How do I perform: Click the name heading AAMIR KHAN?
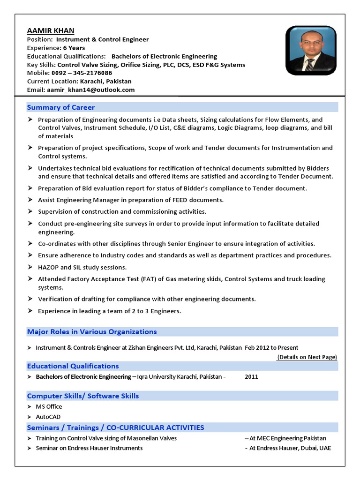[51, 30]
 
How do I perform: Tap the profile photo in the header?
[311, 51]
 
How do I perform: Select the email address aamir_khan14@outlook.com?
[90, 90]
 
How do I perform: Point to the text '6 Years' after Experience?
[74, 48]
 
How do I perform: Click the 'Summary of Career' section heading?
[61, 107]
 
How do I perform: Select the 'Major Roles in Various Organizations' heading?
[92, 331]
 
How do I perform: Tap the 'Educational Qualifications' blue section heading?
[73, 366]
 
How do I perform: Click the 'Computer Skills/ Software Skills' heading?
[83, 396]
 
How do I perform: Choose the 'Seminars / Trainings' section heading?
[116, 427]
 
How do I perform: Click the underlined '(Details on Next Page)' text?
[307, 357]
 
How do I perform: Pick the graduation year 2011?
[251, 376]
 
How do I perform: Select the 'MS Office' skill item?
[49, 406]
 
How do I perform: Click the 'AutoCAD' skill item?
[48, 417]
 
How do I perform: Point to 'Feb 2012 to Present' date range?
[271, 347]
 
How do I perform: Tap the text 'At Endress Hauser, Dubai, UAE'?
[290, 448]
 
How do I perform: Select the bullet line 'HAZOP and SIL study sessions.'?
[82, 267]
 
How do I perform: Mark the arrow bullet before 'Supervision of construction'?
[30, 211]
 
